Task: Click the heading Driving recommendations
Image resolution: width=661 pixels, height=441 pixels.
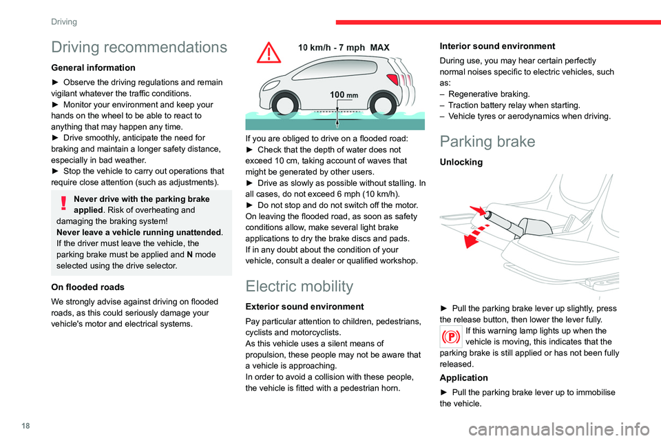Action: (139, 48)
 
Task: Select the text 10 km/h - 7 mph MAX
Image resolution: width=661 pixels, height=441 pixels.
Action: (344, 48)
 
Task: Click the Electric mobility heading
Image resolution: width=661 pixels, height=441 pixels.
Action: (300, 286)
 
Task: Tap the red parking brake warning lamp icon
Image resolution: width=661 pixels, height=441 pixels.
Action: (451, 338)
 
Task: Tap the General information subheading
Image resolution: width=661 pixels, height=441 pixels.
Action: (92, 68)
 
